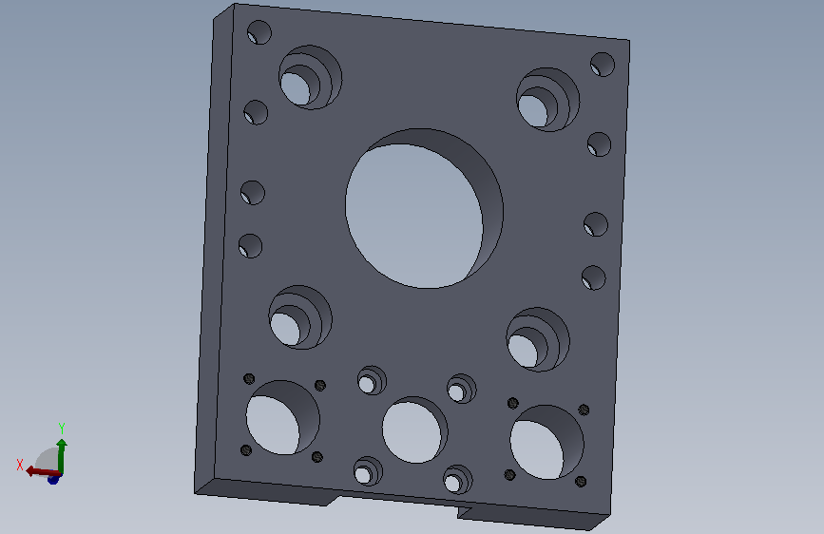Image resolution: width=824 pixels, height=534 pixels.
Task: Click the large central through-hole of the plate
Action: click(x=424, y=209)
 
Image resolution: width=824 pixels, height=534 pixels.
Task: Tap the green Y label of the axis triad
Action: click(x=62, y=428)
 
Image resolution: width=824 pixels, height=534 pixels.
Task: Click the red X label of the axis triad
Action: click(x=20, y=465)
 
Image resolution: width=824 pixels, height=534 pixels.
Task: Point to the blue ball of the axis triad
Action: click(x=53, y=479)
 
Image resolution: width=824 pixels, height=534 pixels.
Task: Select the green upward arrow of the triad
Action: click(x=62, y=456)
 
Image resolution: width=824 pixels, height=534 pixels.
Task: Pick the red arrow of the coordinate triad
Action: click(x=43, y=471)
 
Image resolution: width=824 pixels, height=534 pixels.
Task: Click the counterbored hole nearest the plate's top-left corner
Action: click(x=310, y=77)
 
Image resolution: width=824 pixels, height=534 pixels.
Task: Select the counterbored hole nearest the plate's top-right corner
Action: click(x=547, y=100)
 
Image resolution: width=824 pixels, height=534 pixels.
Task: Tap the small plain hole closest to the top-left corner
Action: click(x=259, y=32)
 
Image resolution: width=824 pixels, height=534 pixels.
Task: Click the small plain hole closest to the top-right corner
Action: click(x=603, y=65)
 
